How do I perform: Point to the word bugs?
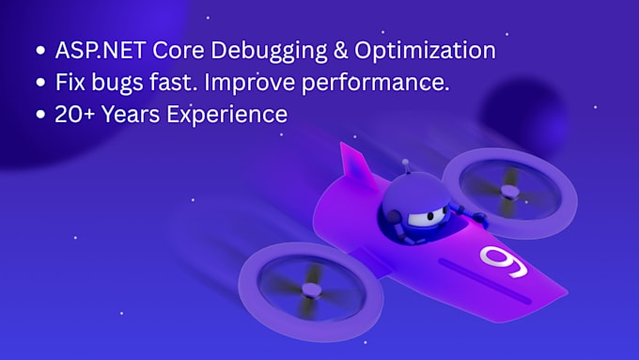pos(142,82)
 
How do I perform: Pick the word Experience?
pos(235,115)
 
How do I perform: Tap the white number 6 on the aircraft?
pos(504,260)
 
